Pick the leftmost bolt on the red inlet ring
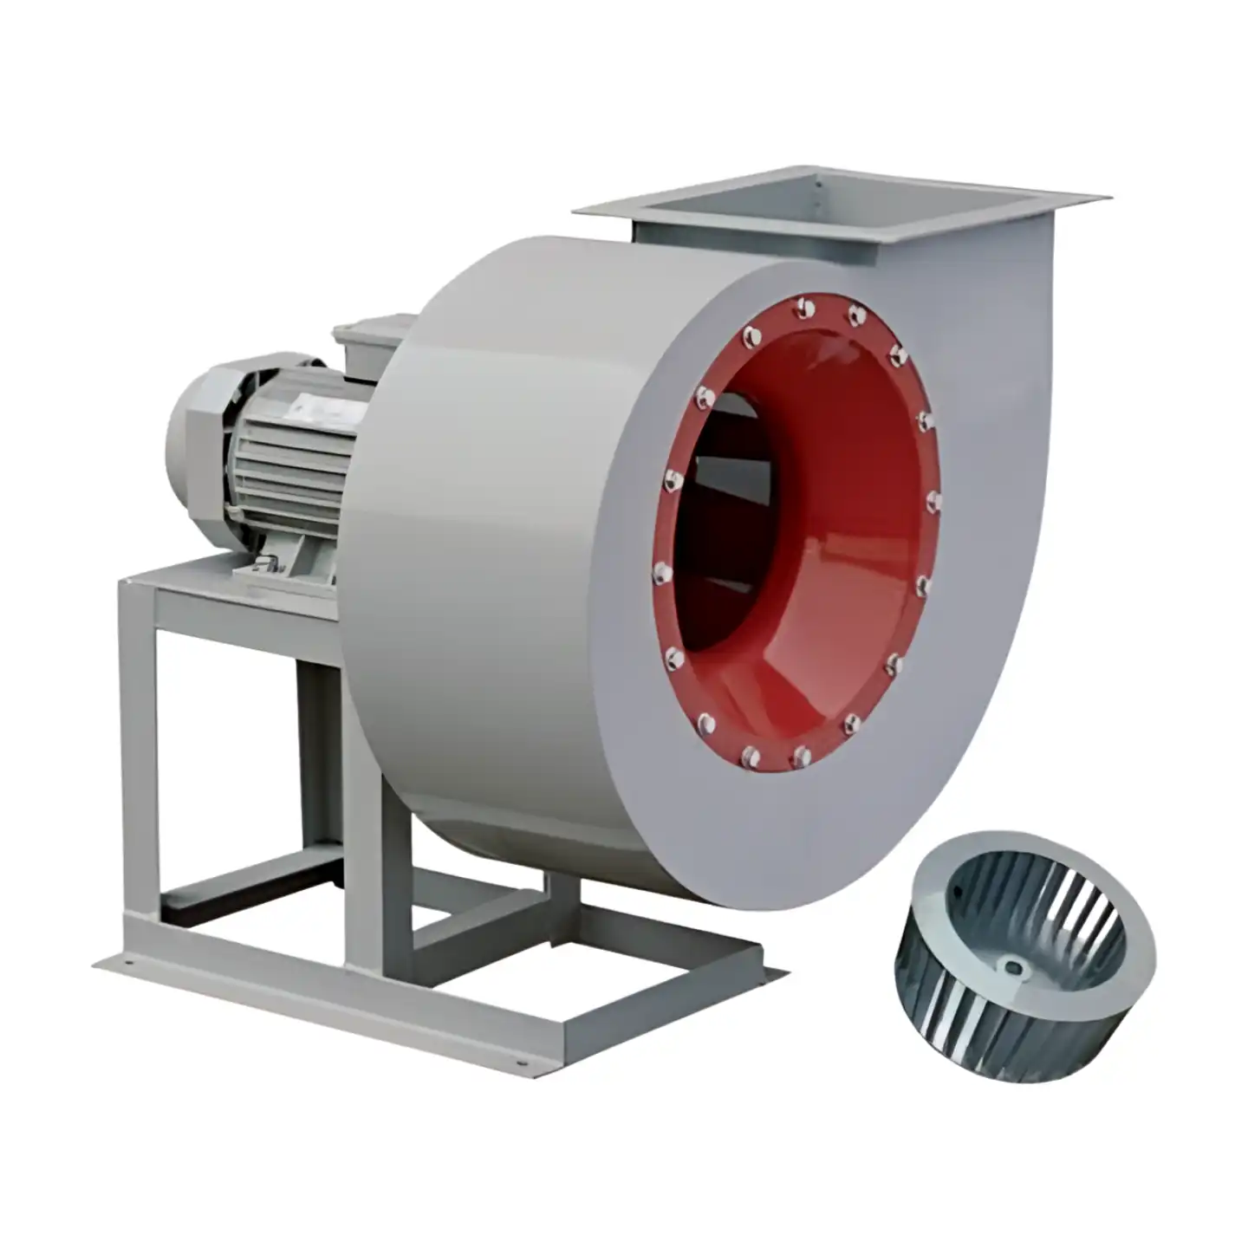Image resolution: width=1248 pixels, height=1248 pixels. point(660,570)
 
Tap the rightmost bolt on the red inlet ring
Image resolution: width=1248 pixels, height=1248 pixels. point(933,501)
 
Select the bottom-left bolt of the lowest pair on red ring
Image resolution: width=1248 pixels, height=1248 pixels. point(750,757)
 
